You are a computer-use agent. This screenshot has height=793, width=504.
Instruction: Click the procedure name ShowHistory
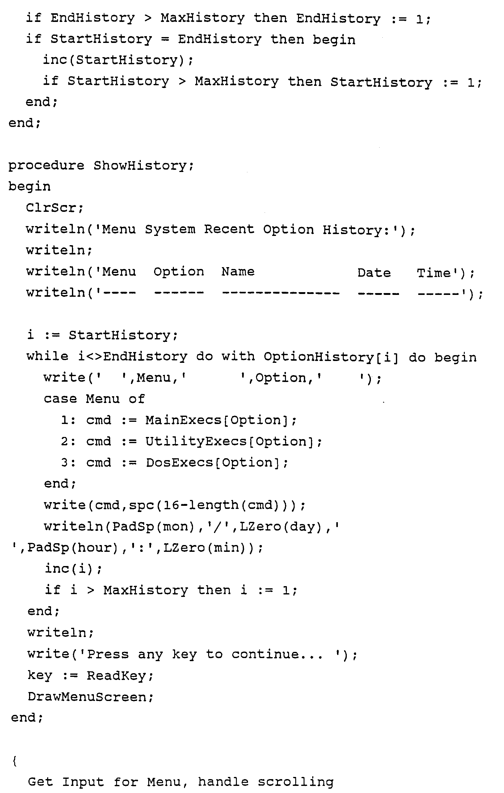[140, 166]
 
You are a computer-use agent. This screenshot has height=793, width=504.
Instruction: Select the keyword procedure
[46, 166]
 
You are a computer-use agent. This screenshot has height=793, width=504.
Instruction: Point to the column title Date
[374, 273]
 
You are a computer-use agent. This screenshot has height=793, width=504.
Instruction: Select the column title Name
[238, 272]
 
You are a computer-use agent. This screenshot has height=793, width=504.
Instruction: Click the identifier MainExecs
[184, 420]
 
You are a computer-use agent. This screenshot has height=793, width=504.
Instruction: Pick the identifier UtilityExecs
[196, 441]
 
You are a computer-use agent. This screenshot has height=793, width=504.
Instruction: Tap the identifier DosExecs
[179, 463]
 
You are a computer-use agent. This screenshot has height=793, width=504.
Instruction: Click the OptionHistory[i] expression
[331, 357]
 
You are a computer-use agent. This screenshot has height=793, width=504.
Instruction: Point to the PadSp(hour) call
[73, 548]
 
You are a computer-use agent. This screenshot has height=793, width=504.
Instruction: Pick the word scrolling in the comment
[295, 782]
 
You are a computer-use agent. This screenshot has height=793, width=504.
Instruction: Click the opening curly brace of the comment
[15, 761]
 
